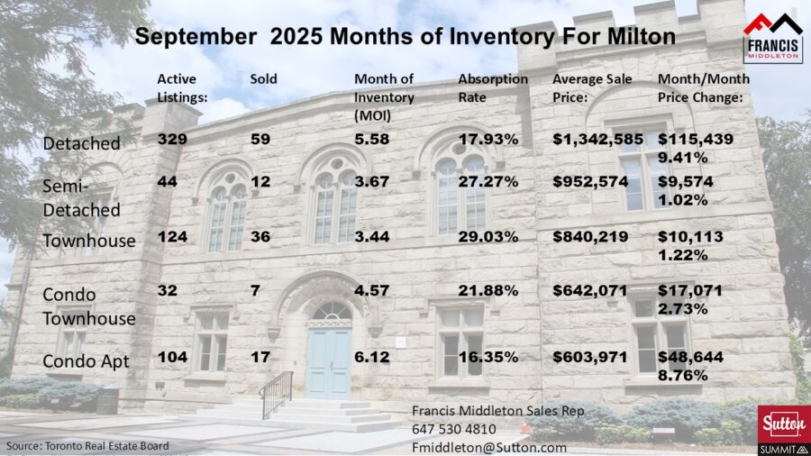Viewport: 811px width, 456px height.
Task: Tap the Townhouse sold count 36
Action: click(x=260, y=237)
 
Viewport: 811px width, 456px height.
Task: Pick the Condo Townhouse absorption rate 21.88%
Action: click(x=488, y=291)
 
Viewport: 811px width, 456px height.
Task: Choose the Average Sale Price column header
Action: click(x=588, y=87)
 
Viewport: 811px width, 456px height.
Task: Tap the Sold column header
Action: click(x=263, y=78)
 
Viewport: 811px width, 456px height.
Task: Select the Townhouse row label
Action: click(x=89, y=241)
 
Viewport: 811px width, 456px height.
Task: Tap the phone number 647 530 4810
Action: click(x=454, y=429)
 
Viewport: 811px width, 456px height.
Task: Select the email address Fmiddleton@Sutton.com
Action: click(x=489, y=446)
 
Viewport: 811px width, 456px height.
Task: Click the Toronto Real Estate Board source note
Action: click(x=87, y=446)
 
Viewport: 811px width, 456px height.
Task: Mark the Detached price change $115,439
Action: click(x=695, y=139)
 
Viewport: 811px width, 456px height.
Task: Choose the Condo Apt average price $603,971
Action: click(x=589, y=357)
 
